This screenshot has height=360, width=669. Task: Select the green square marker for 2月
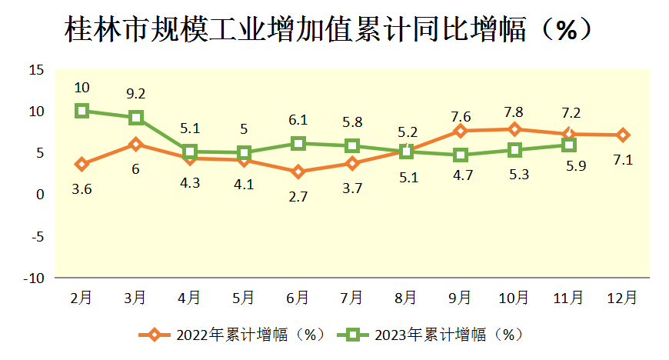click(x=82, y=111)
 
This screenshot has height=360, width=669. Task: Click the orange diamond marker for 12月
click(x=623, y=135)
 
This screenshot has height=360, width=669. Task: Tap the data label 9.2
click(x=136, y=94)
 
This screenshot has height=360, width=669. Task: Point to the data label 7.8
click(x=514, y=112)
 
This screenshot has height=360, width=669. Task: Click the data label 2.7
click(x=298, y=197)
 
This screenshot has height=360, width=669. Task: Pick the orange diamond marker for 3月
click(x=136, y=144)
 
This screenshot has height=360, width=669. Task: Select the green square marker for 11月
click(x=569, y=145)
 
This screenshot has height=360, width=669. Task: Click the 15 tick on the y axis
click(x=36, y=71)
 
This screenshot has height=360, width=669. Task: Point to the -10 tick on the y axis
click(x=33, y=278)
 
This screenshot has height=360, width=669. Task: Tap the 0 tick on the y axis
click(x=40, y=195)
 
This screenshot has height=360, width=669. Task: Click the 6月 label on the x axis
click(x=298, y=298)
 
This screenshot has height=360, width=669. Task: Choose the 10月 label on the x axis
click(x=514, y=298)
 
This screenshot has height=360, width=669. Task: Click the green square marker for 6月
click(x=298, y=143)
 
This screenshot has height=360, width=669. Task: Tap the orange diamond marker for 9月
click(x=461, y=131)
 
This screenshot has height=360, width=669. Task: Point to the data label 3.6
click(x=82, y=189)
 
